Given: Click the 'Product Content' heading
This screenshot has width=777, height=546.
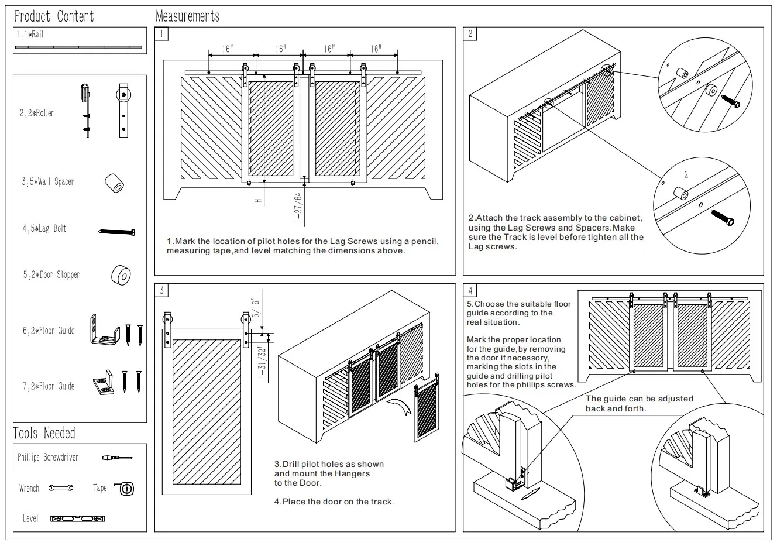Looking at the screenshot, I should pos(54,16).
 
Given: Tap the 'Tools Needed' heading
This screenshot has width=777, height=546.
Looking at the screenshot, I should pos(44,433).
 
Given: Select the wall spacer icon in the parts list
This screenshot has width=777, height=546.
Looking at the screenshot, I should pos(114,183).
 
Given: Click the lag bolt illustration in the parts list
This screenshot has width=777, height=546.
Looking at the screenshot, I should pos(117,232).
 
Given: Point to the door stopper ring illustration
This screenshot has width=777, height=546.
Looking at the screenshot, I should pos(121,274).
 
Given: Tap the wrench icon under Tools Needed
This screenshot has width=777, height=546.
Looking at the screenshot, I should pos(61,487).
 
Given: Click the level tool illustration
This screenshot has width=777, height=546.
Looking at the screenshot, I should pos(77,518).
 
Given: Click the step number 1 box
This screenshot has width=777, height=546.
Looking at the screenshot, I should pos(161,34).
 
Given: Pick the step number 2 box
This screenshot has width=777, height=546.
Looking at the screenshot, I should pos(470,34).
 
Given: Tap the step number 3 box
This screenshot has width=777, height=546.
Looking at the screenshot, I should pos(161,290).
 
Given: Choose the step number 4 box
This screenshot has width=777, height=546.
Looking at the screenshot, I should pos(470,290).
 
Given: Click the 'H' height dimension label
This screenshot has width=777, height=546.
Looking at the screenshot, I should pos(257,201).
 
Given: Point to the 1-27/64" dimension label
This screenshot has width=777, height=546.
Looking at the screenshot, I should pos(299,206).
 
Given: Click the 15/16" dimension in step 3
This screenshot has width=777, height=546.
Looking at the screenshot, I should pos(255,308).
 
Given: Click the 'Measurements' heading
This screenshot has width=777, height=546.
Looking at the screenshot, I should pos(188,16).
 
